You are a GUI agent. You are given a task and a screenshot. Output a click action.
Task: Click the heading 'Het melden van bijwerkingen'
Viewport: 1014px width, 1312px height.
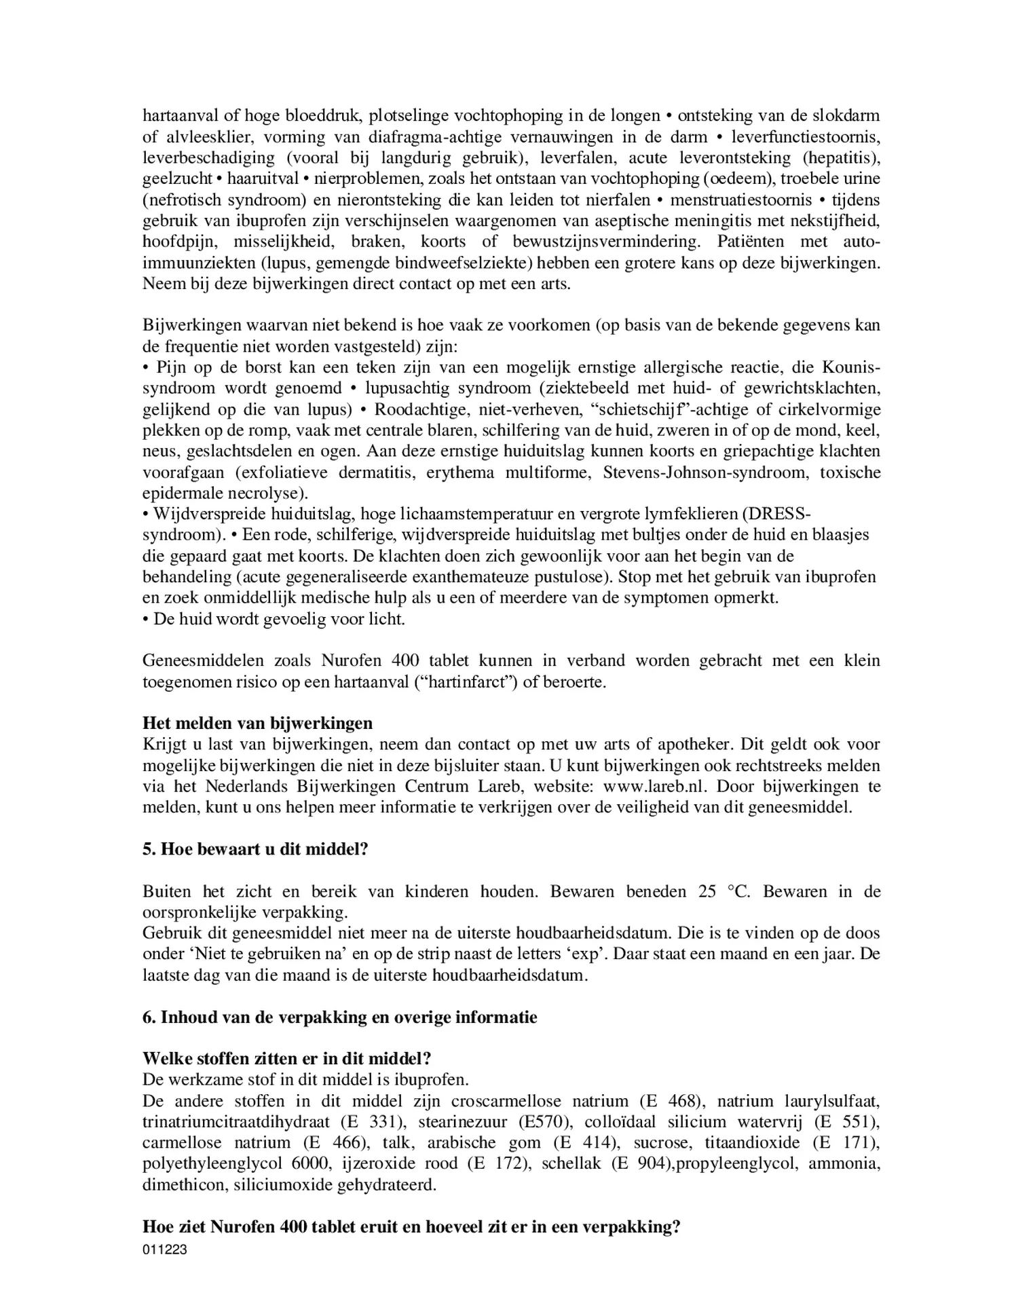click(257, 723)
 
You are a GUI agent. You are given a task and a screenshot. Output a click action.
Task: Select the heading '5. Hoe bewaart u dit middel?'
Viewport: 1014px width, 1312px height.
click(255, 849)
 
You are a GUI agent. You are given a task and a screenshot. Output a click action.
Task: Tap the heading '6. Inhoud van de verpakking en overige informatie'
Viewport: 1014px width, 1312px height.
click(339, 1017)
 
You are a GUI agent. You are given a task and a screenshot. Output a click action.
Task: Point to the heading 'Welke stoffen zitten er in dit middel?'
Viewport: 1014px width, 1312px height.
click(287, 1059)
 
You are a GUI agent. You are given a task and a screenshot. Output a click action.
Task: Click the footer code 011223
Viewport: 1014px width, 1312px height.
click(164, 1250)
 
